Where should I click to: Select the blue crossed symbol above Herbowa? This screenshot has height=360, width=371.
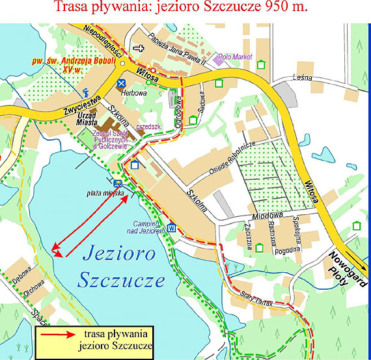pos(121,83)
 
